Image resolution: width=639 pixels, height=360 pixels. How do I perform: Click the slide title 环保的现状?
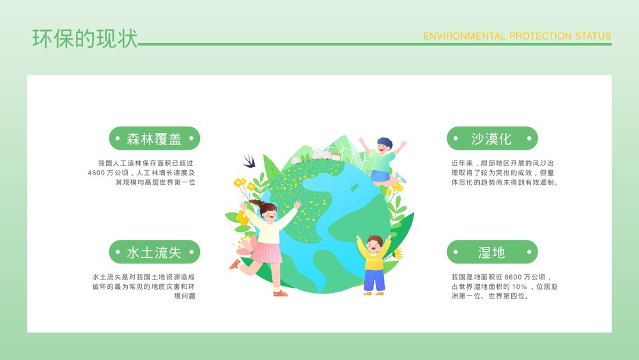[85, 38]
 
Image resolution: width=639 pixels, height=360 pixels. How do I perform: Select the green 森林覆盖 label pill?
[154, 139]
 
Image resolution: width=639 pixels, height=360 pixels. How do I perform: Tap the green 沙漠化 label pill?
[491, 139]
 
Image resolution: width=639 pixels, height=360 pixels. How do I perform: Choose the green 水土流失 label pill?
[154, 252]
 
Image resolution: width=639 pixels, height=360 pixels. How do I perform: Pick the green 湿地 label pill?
[491, 252]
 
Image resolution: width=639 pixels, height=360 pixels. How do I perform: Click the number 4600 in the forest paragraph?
[99, 173]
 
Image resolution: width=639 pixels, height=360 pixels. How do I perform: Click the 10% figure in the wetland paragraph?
[518, 286]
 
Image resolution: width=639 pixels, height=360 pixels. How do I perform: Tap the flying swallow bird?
[249, 160]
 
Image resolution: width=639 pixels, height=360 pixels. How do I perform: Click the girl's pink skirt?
[266, 253]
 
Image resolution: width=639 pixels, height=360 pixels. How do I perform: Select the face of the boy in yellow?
[374, 244]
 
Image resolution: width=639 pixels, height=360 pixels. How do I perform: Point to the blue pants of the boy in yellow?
[374, 279]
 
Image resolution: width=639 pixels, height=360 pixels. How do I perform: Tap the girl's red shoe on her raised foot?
[235, 263]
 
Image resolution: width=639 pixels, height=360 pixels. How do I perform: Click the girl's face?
[268, 215]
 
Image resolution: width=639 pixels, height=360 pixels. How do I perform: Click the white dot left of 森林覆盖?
[118, 139]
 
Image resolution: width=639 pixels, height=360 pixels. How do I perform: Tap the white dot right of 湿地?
[527, 252]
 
